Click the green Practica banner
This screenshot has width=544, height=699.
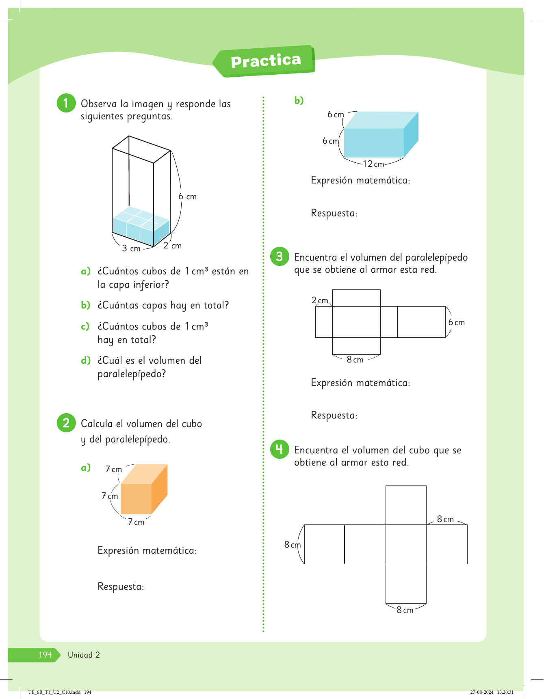click(x=265, y=61)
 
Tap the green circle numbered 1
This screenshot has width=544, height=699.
click(x=66, y=103)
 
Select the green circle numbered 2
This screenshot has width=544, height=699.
click(x=66, y=423)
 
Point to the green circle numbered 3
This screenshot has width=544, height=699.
click(x=280, y=256)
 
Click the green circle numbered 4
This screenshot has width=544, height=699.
click(x=280, y=449)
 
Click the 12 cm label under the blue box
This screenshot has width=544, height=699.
click(x=373, y=164)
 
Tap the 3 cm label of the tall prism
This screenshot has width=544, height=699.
click(x=131, y=248)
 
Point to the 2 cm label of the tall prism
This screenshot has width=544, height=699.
click(x=172, y=246)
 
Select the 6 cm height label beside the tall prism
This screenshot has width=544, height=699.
click(x=187, y=196)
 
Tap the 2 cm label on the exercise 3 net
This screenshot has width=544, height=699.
click(x=320, y=300)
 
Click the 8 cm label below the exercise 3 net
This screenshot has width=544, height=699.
click(x=355, y=360)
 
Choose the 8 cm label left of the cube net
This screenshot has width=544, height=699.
click(x=293, y=545)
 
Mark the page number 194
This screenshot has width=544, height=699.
click(x=45, y=655)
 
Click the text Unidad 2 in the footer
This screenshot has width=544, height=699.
click(x=84, y=655)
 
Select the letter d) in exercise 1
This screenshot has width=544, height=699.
click(x=86, y=360)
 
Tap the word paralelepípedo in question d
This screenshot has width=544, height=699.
click(x=132, y=374)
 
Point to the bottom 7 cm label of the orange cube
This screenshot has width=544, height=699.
click(x=136, y=522)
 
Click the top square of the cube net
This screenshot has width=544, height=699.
click(x=406, y=505)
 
